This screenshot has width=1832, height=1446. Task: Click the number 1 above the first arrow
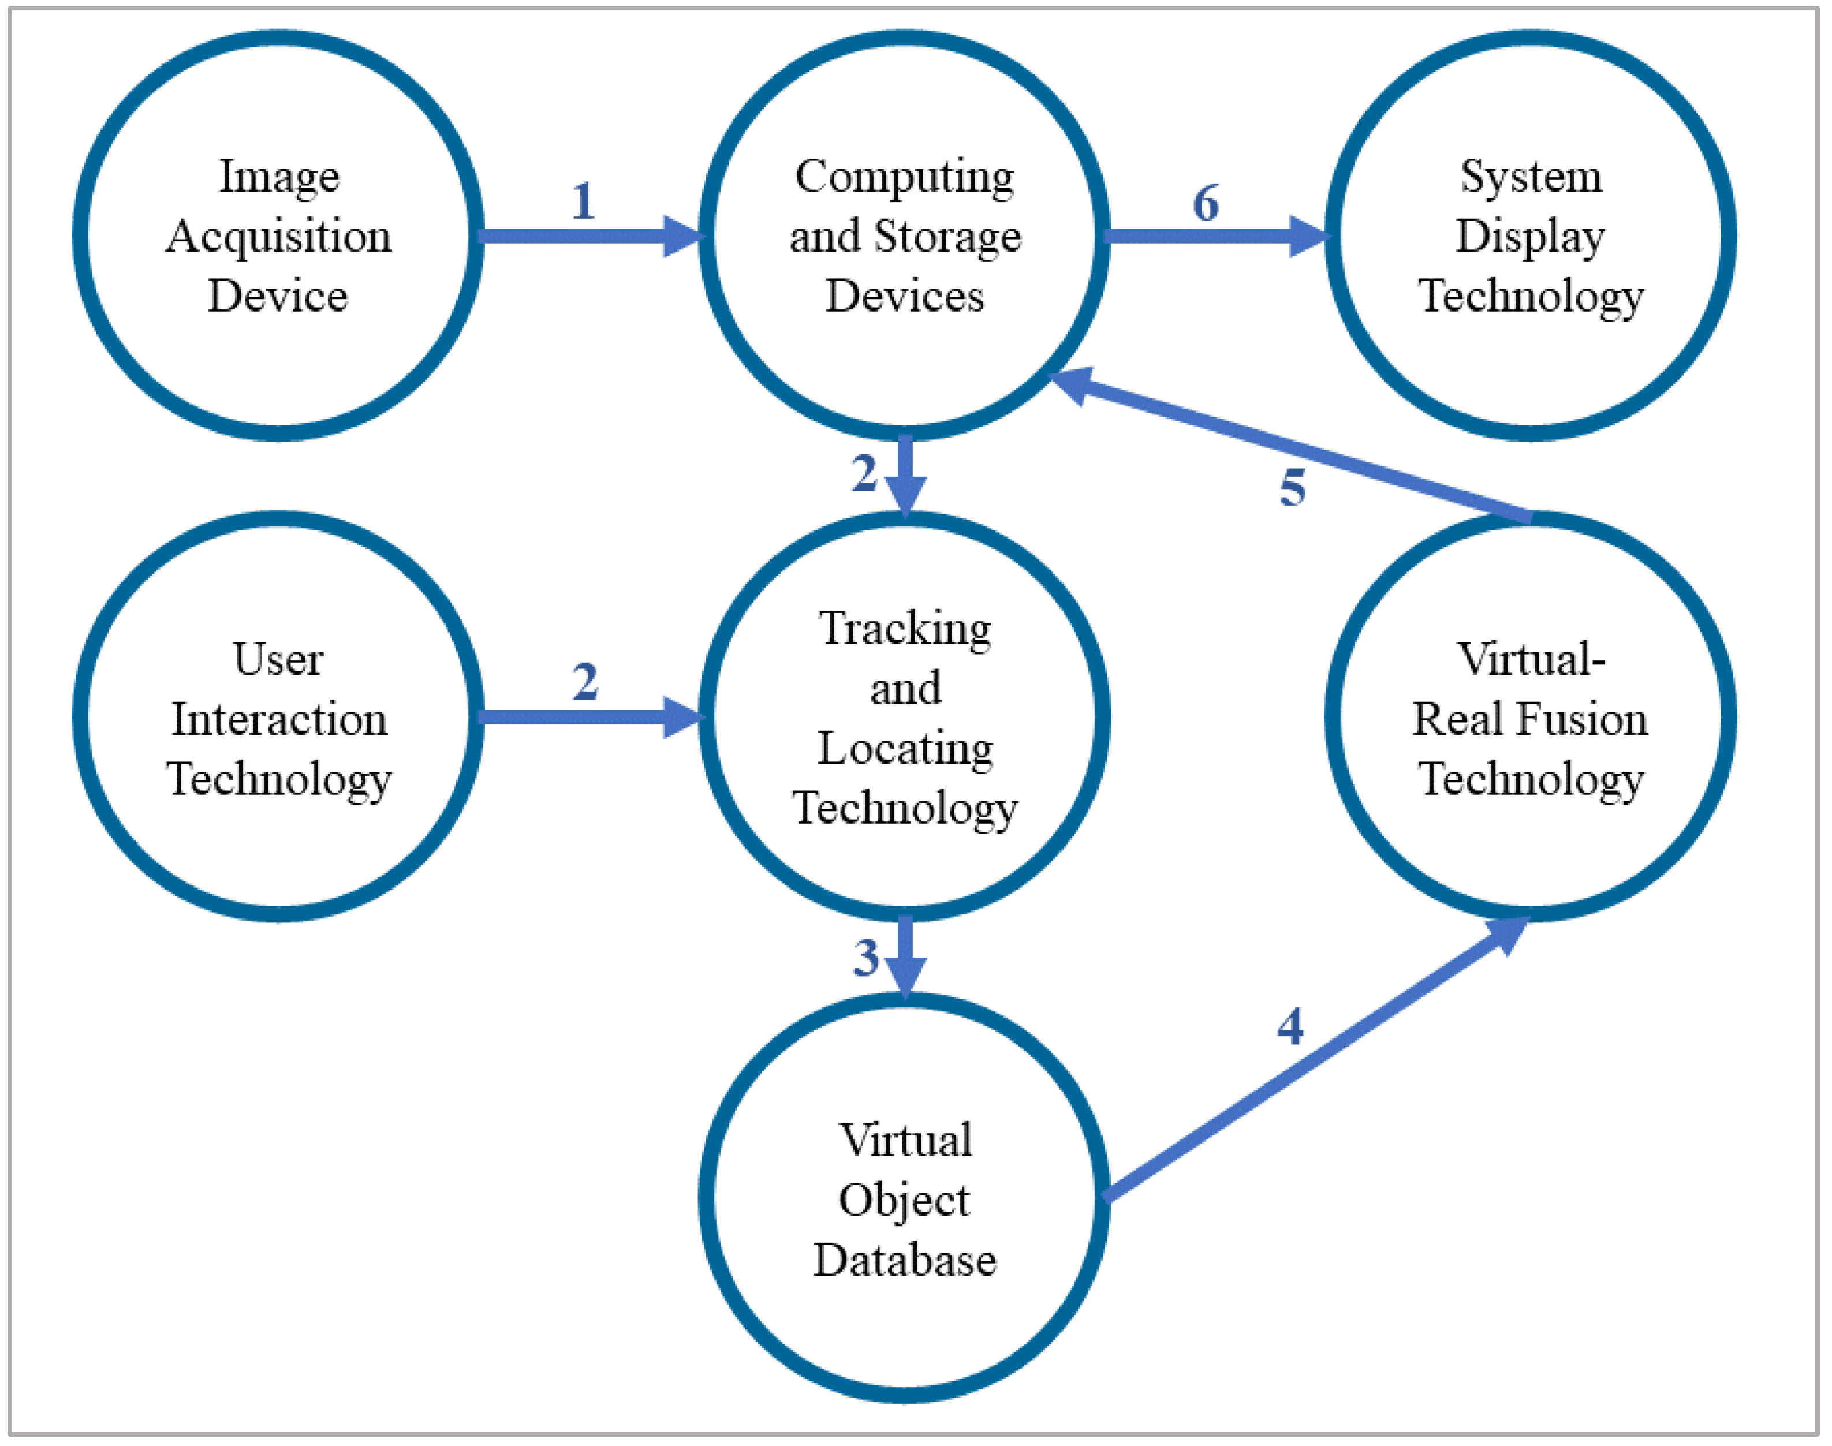pyautogui.click(x=583, y=201)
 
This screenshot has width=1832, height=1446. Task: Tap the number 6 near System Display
pyautogui.click(x=1206, y=203)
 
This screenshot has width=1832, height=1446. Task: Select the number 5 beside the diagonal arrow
pyautogui.click(x=1293, y=488)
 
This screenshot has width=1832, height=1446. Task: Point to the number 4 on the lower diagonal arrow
pyautogui.click(x=1290, y=1027)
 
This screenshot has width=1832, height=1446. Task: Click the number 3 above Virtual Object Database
pyautogui.click(x=866, y=958)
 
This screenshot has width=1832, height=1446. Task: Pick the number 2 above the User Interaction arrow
pyautogui.click(x=585, y=682)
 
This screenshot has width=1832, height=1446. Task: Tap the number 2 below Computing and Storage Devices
pyautogui.click(x=864, y=473)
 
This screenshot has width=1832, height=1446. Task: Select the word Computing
pyautogui.click(x=904, y=177)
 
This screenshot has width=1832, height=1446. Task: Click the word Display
pyautogui.click(x=1530, y=236)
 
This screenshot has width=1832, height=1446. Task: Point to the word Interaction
pyautogui.click(x=279, y=719)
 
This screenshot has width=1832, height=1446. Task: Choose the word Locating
pyautogui.click(x=905, y=748)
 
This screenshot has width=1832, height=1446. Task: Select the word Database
pyautogui.click(x=905, y=1260)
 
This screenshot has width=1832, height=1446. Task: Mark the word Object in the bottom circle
pyautogui.click(x=904, y=1201)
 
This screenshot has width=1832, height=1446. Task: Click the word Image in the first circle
pyautogui.click(x=279, y=177)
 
